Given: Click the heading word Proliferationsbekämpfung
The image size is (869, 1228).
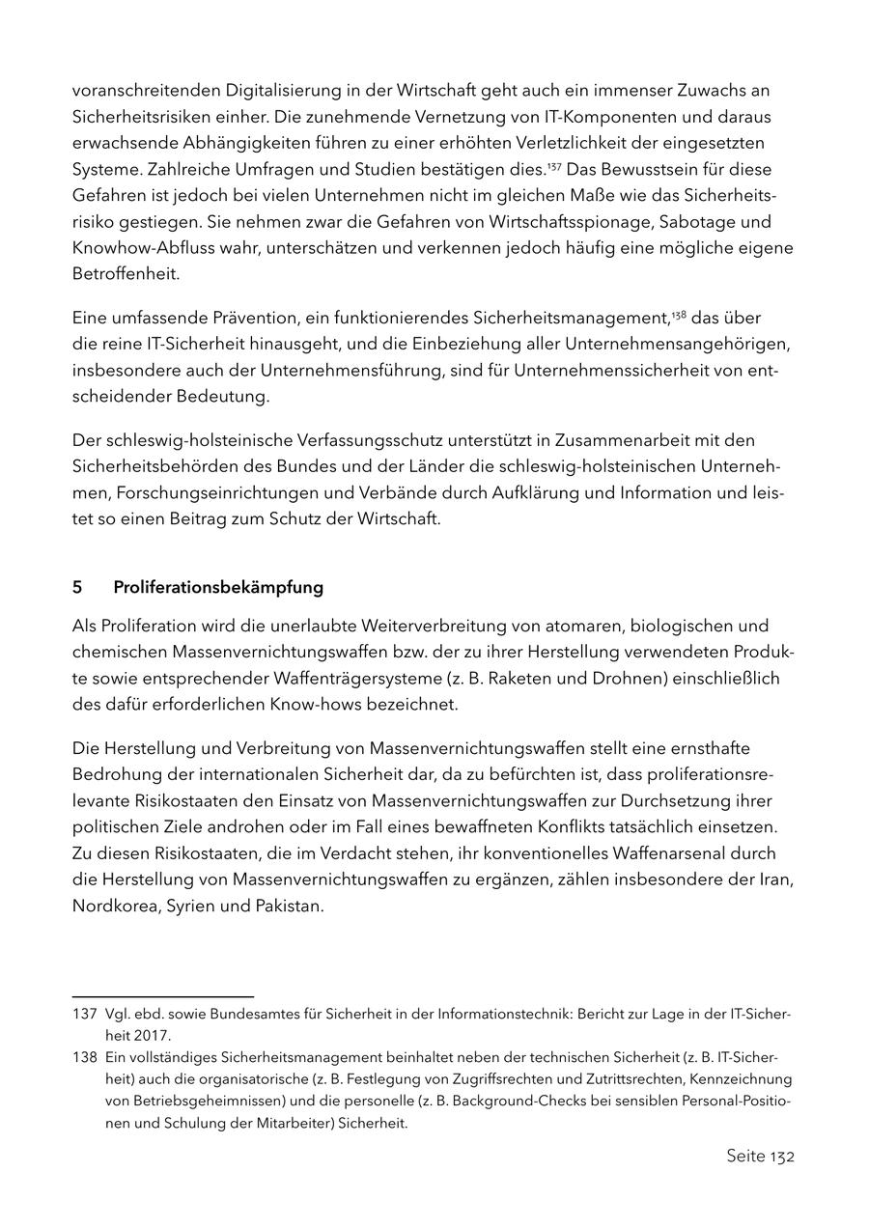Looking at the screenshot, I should (218, 587).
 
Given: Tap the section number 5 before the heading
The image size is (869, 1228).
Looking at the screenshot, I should (77, 587).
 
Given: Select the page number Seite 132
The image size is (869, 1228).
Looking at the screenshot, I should (760, 1156).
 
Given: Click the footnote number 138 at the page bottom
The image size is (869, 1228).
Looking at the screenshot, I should (84, 1057).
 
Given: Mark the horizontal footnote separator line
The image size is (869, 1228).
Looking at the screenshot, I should (162, 996).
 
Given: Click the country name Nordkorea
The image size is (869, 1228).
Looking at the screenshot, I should (115, 907).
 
